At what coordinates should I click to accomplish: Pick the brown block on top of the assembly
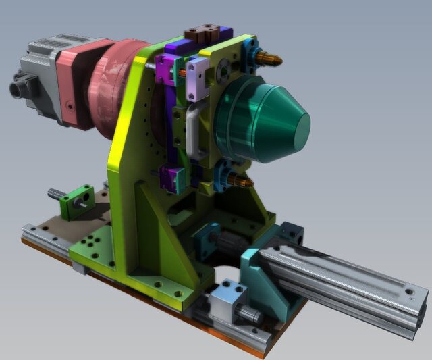click(202, 32)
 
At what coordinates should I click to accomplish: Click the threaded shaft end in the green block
click(56, 195)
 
